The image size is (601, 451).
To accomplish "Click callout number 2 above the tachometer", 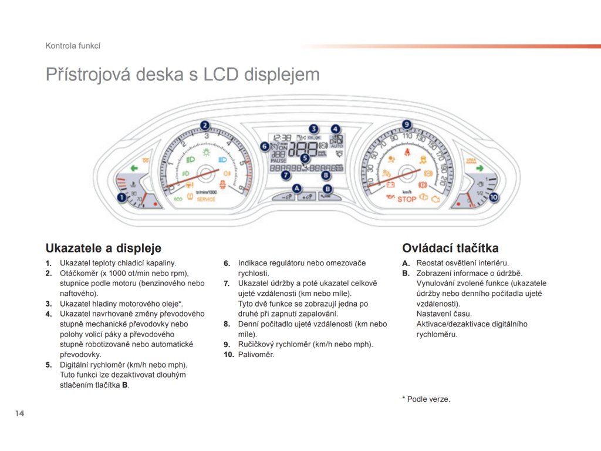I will [204, 124].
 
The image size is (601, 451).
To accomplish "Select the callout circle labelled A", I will [297, 188].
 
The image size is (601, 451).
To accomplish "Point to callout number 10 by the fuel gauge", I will [493, 198].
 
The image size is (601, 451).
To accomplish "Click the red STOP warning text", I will [406, 199].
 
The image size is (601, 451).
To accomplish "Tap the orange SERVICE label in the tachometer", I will [205, 200].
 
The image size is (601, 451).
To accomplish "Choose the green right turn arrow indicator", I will [480, 169].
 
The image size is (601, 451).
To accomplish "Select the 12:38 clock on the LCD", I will [282, 137].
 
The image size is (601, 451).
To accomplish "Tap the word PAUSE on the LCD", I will [278, 160].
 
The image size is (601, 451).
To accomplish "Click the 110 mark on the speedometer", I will [407, 136].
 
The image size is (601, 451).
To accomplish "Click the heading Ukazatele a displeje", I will [103, 248].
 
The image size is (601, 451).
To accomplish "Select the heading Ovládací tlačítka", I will [450, 248].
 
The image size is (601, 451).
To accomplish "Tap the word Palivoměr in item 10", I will [256, 355].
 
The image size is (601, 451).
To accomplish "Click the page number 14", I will [20, 414].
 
